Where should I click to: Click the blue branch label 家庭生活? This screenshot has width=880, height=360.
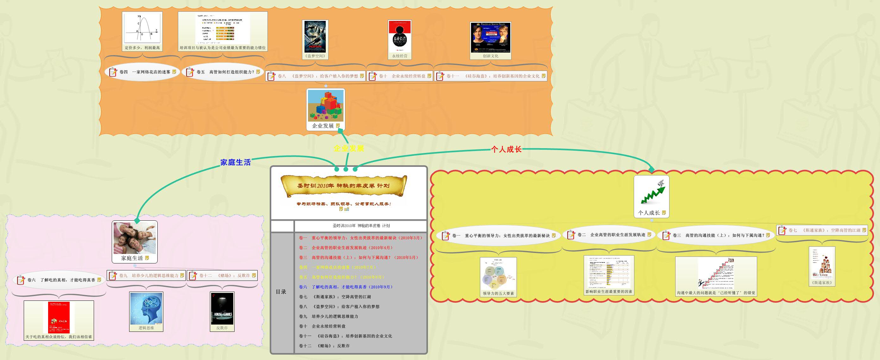[x=236, y=162]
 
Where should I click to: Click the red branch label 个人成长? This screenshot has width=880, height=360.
[x=506, y=149]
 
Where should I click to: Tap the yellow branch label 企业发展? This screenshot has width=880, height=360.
[x=349, y=148]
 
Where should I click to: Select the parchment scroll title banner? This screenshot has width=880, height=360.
[x=344, y=186]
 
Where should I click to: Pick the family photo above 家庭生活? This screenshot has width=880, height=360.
[x=135, y=238]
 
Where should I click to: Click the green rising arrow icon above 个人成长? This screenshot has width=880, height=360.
[x=651, y=192]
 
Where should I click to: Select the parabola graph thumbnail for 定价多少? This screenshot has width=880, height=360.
[x=142, y=28]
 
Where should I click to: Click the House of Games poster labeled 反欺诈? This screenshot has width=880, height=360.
[x=222, y=308]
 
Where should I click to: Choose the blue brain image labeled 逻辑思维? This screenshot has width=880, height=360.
[x=146, y=308]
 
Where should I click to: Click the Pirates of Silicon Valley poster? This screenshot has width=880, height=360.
[x=491, y=38]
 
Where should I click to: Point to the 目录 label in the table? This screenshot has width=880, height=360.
[x=281, y=292]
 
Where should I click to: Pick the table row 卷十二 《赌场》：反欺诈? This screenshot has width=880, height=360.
[x=324, y=346]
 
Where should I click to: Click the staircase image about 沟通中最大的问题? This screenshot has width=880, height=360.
[x=716, y=273]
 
